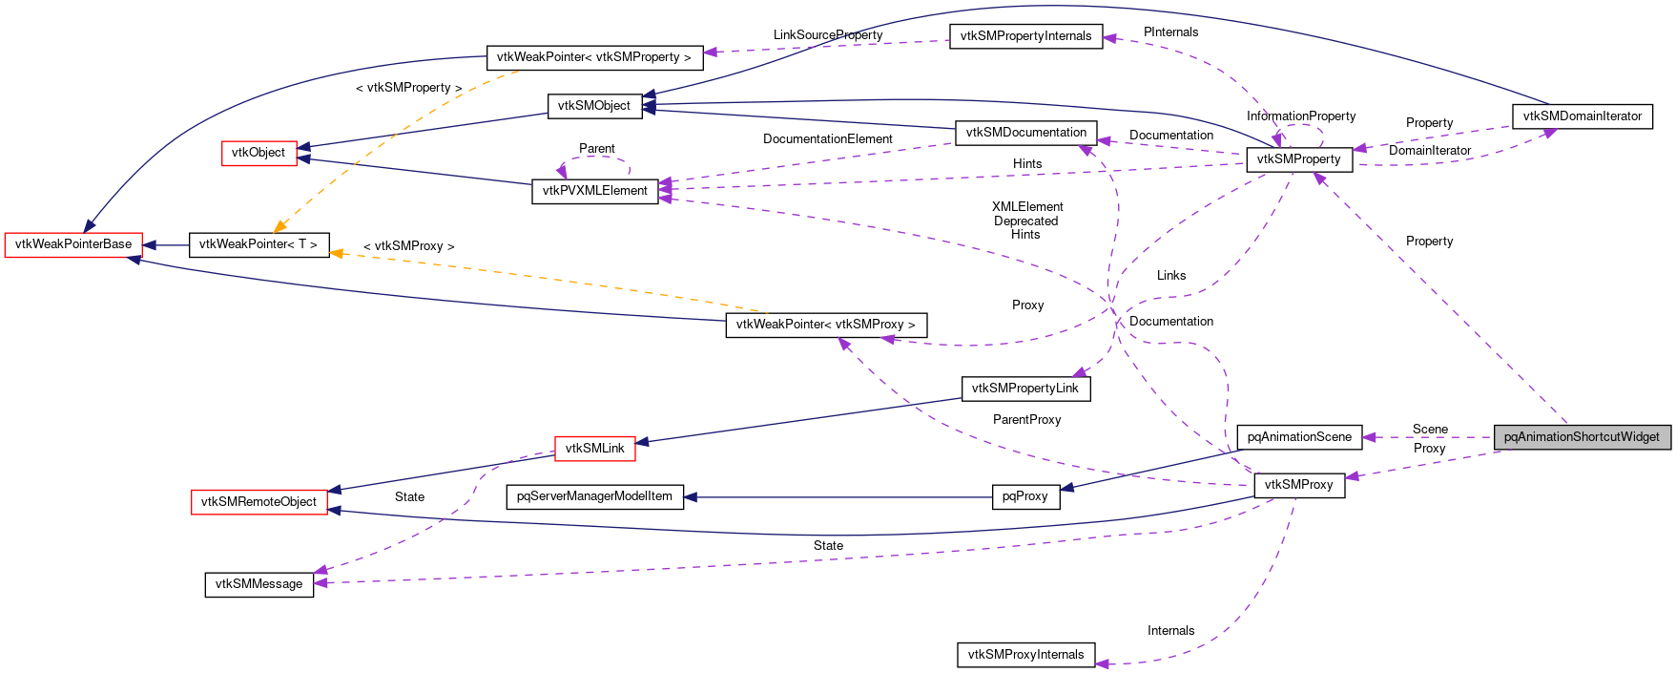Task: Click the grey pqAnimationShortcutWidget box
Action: click(x=1582, y=437)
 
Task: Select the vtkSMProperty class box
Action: click(x=1298, y=159)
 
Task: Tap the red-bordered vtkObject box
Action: click(x=259, y=153)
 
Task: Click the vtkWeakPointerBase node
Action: click(x=73, y=244)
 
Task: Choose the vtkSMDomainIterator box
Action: click(x=1582, y=116)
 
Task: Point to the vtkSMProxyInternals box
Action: click(x=1025, y=655)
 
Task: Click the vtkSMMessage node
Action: click(x=259, y=584)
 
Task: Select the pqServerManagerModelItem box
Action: click(x=594, y=496)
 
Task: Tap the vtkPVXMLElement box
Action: click(x=594, y=191)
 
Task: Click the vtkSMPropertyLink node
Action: click(x=1024, y=389)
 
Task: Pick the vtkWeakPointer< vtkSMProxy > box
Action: click(x=825, y=325)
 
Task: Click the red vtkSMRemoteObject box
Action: click(x=259, y=502)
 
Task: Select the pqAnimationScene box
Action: click(x=1299, y=437)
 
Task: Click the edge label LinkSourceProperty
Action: click(x=827, y=35)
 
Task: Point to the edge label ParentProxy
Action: click(x=1026, y=420)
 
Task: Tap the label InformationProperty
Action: click(x=1300, y=116)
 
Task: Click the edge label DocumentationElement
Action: click(x=827, y=139)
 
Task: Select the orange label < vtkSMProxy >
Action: click(x=408, y=246)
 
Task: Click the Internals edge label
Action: click(x=1170, y=631)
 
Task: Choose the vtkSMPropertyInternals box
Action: click(x=1025, y=36)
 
